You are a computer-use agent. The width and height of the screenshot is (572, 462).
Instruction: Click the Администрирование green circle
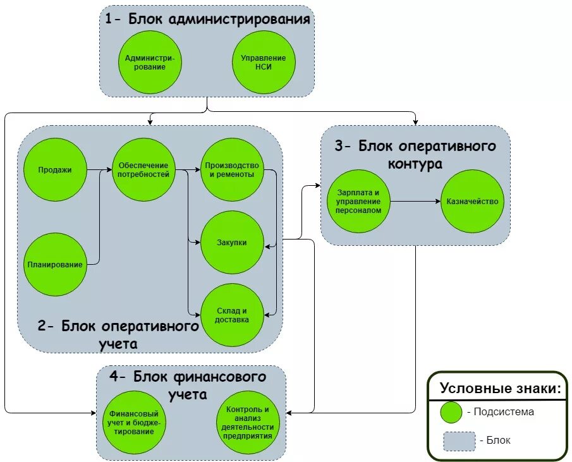150,62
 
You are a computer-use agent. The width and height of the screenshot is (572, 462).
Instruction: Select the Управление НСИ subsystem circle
264,62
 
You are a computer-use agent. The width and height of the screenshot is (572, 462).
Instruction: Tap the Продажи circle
54,169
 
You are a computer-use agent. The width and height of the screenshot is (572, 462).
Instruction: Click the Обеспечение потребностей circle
143,169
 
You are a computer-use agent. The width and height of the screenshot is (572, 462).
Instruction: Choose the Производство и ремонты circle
232,169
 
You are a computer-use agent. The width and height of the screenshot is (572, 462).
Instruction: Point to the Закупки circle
232,243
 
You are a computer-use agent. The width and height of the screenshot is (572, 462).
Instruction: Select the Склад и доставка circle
232,315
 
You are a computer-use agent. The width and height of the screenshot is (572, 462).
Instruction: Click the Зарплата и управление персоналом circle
358,201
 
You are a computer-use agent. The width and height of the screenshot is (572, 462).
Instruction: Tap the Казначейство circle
472,201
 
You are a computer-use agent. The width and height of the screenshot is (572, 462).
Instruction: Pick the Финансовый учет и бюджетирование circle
134,422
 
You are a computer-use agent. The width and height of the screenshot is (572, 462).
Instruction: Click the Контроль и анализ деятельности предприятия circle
247,422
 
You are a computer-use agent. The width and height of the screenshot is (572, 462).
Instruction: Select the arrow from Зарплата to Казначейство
415,201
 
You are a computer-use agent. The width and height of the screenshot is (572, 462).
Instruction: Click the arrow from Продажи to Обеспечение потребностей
99,169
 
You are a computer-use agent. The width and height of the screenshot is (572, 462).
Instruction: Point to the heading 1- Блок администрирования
207,19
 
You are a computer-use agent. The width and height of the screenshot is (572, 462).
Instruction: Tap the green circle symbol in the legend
452,412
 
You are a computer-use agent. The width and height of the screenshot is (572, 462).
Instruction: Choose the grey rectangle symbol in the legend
459,441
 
